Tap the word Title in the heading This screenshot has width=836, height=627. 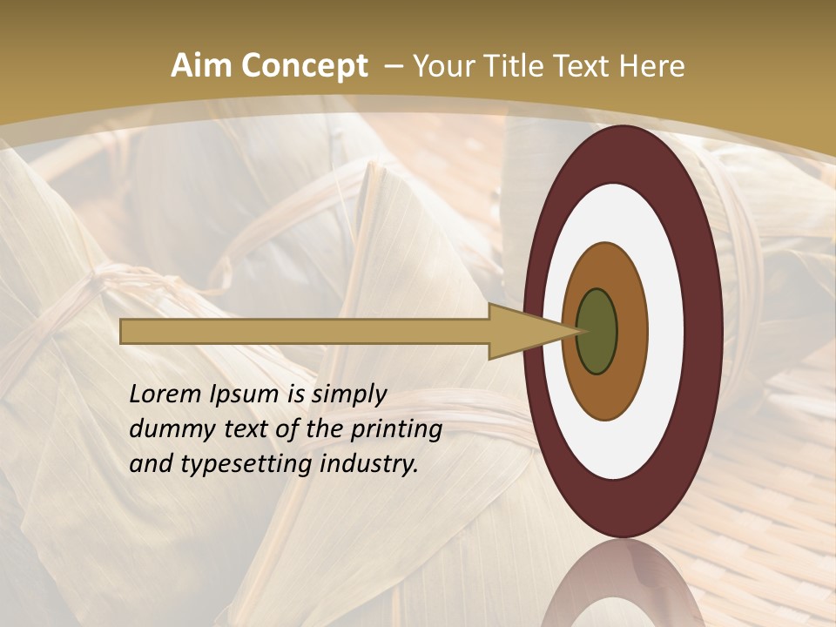coord(515,66)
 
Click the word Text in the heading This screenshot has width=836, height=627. coord(583,66)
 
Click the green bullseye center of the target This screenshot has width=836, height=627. coord(597,331)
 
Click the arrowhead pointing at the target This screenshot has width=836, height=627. coord(531,331)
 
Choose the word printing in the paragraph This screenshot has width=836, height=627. coord(395,429)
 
